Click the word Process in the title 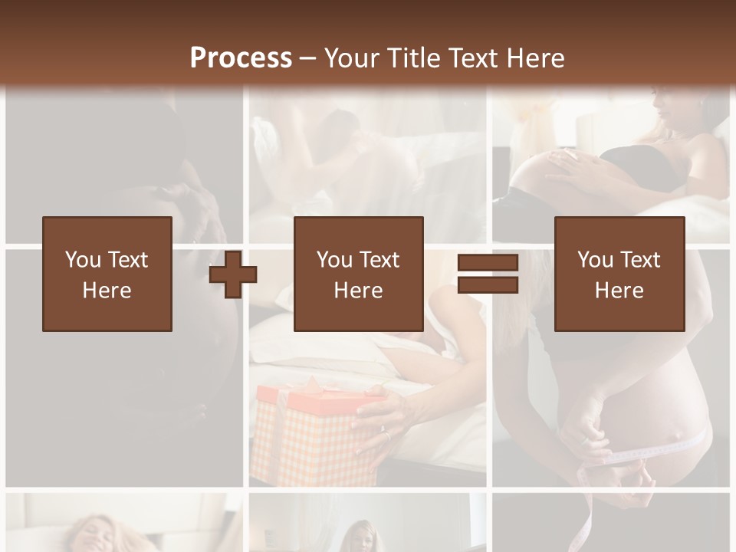click(x=241, y=58)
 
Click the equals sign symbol click(x=488, y=274)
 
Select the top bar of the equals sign click(x=488, y=263)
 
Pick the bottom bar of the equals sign click(x=488, y=285)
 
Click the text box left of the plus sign click(x=107, y=274)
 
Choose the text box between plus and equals click(x=358, y=274)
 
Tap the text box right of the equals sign click(x=619, y=274)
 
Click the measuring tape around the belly click(x=659, y=452)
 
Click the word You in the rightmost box click(x=595, y=260)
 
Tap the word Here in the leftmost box click(x=107, y=291)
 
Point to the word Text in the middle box click(x=379, y=260)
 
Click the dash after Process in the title click(x=307, y=58)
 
